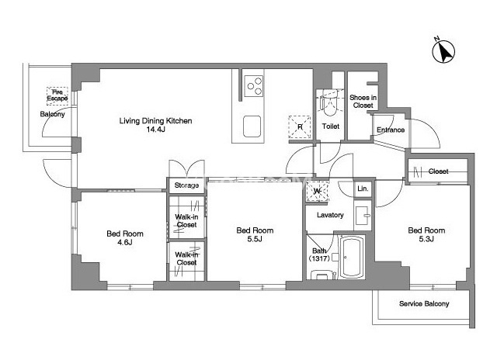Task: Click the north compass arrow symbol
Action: pos(443,51)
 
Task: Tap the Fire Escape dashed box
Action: pos(57,95)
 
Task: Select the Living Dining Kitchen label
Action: pos(155,120)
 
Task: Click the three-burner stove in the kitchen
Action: pos(254,86)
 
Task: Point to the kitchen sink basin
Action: pos(252,126)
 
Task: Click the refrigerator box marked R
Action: pos(300,127)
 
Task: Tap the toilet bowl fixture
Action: pos(330,104)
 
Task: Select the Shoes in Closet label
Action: pos(363,102)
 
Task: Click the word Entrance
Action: pos(391,130)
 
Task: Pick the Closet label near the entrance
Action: pos(438,171)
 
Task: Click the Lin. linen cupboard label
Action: pos(363,189)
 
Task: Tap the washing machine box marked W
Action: pos(318,191)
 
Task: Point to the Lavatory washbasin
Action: pos(363,216)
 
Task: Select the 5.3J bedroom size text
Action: pos(426,239)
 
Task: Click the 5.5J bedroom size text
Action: pos(255,239)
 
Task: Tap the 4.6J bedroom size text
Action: pos(124,243)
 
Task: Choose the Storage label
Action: pos(186,185)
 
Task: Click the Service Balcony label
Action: pos(424,303)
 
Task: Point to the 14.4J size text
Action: pos(155,130)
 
